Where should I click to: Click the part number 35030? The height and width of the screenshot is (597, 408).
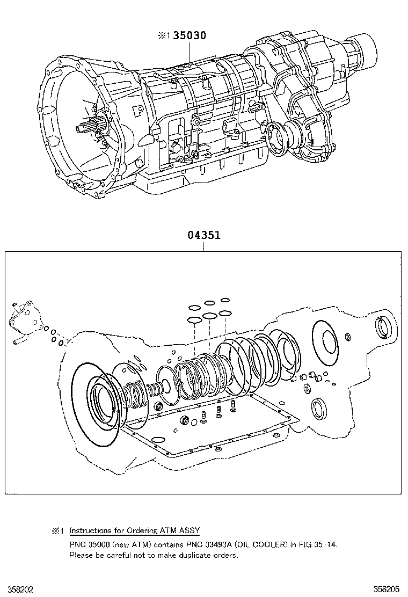(x=189, y=36)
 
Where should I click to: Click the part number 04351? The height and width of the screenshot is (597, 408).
(x=204, y=235)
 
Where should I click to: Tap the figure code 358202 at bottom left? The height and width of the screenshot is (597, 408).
(x=17, y=589)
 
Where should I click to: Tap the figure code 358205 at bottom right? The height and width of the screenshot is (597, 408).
(x=390, y=589)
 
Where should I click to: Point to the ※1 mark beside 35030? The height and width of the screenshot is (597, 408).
(x=163, y=37)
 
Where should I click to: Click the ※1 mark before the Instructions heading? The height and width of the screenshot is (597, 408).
(x=57, y=530)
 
